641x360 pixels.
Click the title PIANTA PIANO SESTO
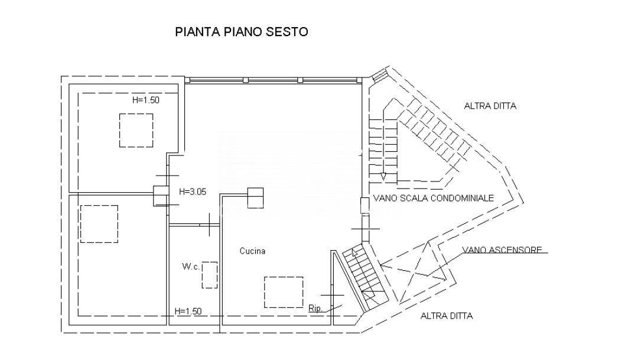pos(242,32)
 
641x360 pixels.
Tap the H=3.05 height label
pos(192,191)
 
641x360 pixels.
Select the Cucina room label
pos(252,251)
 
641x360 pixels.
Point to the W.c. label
pos(191,267)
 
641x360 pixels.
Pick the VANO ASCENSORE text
pos(502,250)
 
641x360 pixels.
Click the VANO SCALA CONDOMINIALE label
pos(433,199)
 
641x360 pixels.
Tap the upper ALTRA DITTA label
pos(490,106)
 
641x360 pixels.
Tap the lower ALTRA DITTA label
pos(447,316)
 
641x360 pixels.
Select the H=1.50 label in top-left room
pos(145,100)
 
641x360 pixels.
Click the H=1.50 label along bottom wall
pos(188,311)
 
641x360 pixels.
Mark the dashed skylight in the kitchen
pos(284,292)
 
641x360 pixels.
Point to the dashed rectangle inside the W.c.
pos(210,275)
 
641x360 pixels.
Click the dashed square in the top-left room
pos(136,130)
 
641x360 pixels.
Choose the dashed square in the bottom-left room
pos(99,224)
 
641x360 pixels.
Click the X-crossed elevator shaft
pos(414,269)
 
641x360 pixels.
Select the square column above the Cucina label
pos(255,197)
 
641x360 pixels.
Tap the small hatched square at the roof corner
pos(379,76)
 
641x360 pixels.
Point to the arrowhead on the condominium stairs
pos(383,176)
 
